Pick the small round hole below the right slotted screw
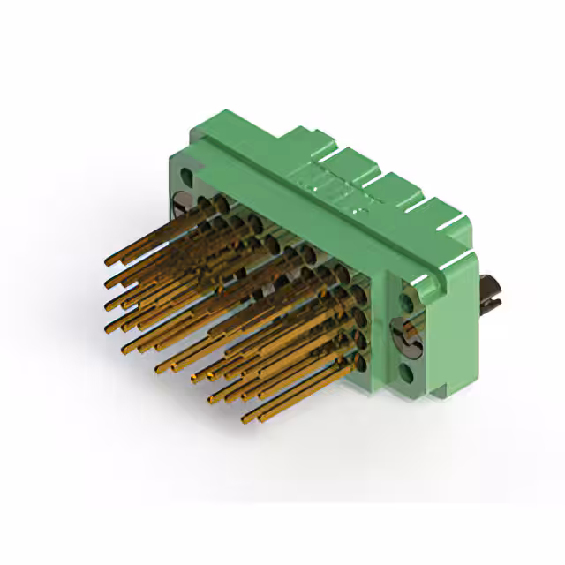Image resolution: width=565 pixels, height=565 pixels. [x=407, y=373]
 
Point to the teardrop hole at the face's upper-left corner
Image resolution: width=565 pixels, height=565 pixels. [x=183, y=174]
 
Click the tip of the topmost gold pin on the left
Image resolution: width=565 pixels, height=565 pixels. [x=108, y=260]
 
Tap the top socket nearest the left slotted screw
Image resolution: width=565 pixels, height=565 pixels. [x=216, y=205]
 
